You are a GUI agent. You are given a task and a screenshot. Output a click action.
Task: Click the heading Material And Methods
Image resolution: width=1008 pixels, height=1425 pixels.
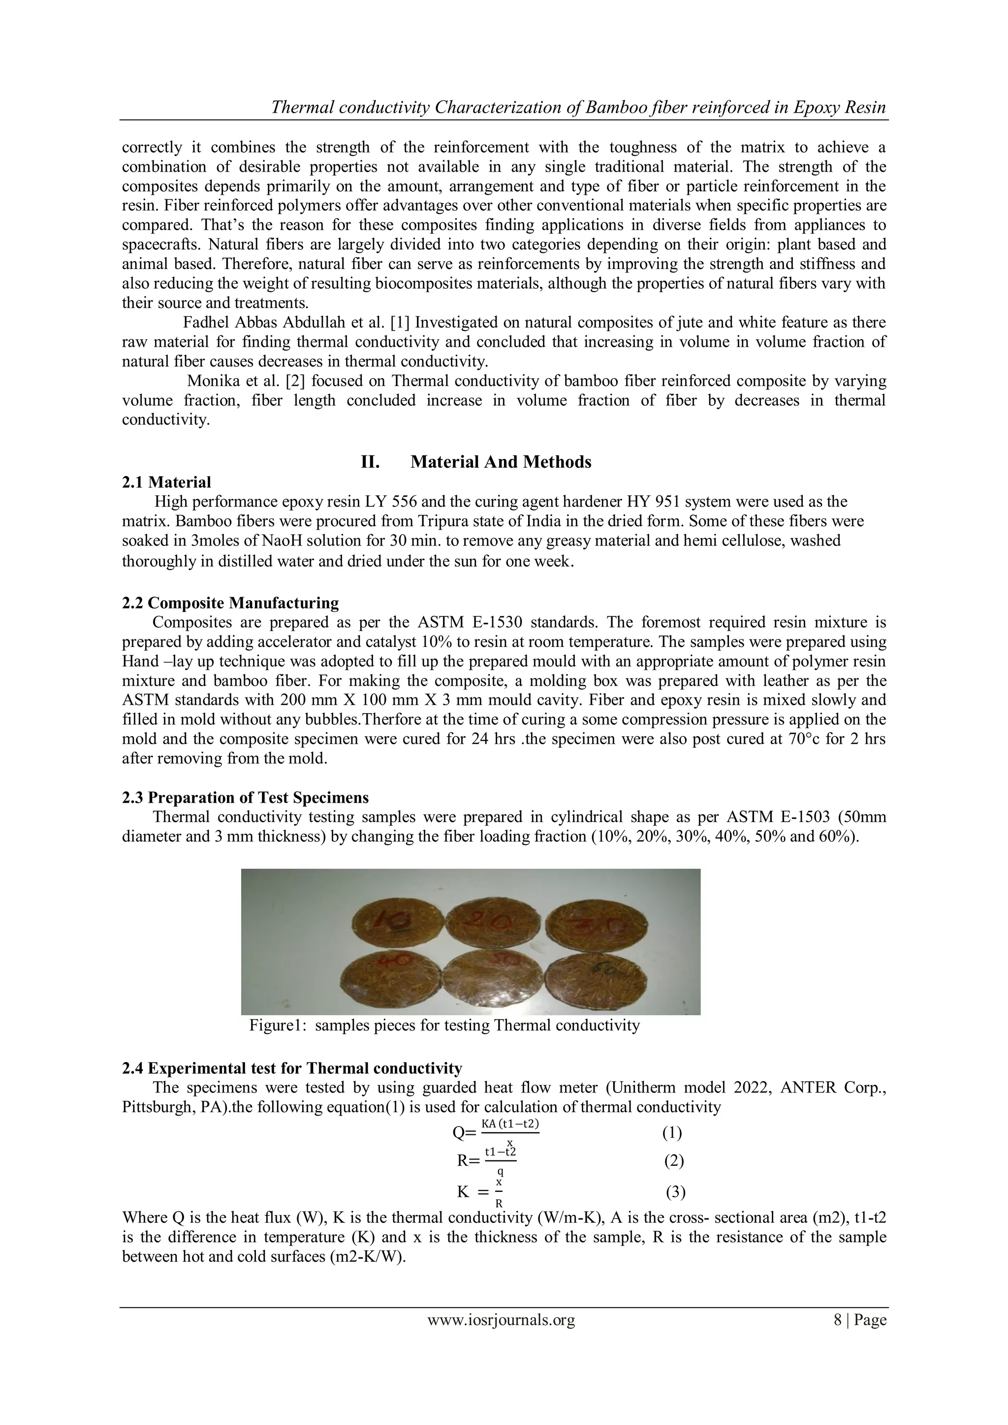coord(501,462)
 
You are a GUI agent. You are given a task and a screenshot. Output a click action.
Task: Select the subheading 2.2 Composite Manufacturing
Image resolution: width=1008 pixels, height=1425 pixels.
coord(230,603)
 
